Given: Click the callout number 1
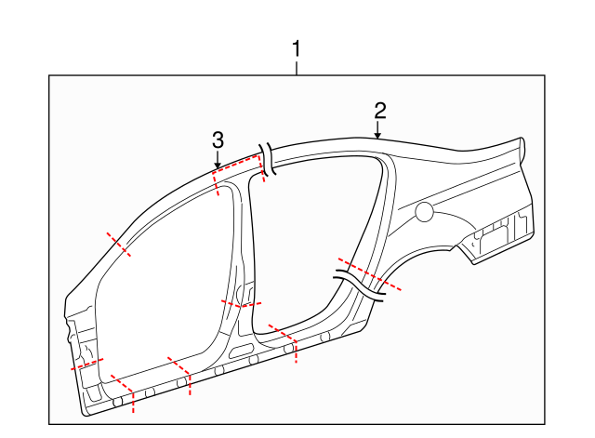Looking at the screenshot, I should pos(297,47).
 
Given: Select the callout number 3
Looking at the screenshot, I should pos(218,140).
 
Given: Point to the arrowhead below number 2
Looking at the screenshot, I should pos(378,136).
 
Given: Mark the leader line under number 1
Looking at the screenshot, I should pos(297,67).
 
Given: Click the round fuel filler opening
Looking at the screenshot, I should pos(423,212).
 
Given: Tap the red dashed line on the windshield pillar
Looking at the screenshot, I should pos(118,243).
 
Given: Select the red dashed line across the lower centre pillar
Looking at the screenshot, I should pos(241,302).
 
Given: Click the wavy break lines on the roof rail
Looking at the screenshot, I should pos(268,159).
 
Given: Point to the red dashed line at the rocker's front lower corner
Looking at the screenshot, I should pos(123,392).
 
